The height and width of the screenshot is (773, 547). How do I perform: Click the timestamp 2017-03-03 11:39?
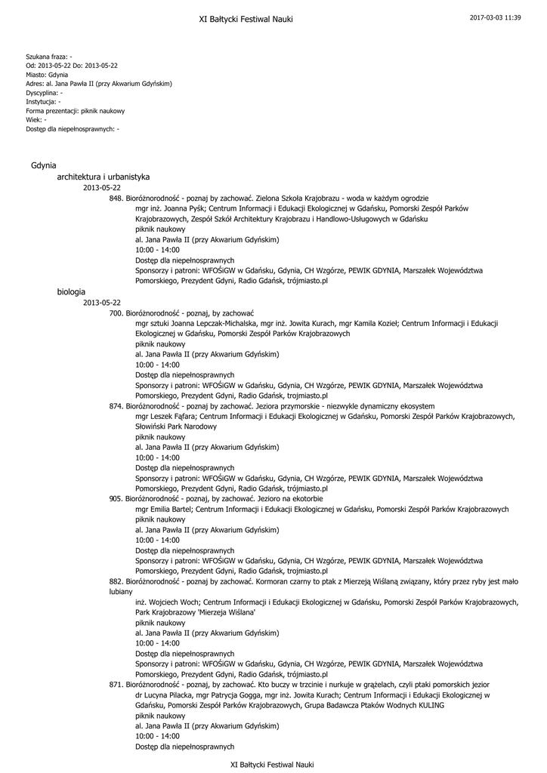pyautogui.click(x=495, y=17)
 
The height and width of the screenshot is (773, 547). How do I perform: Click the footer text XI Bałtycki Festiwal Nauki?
pyautogui.click(x=271, y=765)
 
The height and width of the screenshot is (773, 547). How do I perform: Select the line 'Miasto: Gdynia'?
pyautogui.click(x=47, y=75)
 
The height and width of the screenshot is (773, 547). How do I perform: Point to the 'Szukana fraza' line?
pyautogui.click(x=49, y=57)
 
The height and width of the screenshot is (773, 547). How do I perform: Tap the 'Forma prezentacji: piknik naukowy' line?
pyautogui.click(x=76, y=111)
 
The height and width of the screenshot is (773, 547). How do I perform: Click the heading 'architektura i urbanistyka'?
pyautogui.click(x=104, y=177)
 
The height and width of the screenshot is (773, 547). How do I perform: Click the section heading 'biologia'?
pyautogui.click(x=71, y=291)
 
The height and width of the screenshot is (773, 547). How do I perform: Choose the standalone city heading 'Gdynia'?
pyautogui.click(x=44, y=165)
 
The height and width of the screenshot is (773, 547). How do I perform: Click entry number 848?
pyautogui.click(x=116, y=198)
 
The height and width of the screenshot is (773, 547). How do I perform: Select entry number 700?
pyautogui.click(x=116, y=313)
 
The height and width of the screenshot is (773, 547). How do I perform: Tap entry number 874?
pyautogui.click(x=116, y=405)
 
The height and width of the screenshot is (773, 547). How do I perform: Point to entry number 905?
pyautogui.click(x=116, y=499)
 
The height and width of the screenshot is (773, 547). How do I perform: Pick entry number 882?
pyautogui.click(x=116, y=582)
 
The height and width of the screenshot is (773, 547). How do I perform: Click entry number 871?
pyautogui.click(x=116, y=685)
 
